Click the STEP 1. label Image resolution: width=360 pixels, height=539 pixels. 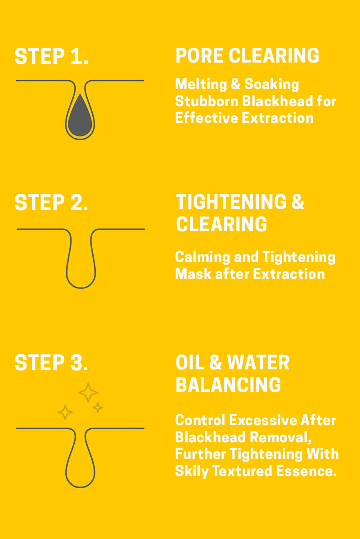[51, 56]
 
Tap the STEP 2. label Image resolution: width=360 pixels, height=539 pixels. [51, 202]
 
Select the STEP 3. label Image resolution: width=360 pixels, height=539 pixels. [51, 363]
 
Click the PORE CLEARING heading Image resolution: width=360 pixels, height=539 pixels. [247, 56]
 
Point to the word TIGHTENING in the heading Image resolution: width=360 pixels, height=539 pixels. [231, 202]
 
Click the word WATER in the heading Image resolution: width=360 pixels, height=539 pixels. [258, 362]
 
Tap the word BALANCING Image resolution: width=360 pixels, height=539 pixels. [228, 385]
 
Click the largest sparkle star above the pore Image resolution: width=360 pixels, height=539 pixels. [88, 392]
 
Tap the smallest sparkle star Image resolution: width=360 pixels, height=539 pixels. [98, 408]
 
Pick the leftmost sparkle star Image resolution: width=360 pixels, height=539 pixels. [65, 412]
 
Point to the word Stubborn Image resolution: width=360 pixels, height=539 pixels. [207, 101]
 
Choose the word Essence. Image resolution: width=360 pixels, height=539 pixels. [306, 471]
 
